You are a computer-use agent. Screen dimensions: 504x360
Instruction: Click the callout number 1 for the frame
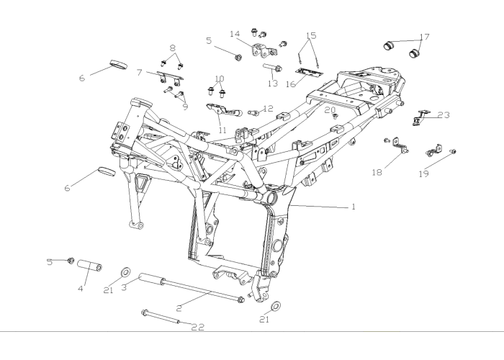[354, 207]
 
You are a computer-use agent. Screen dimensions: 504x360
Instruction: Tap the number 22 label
[198, 327]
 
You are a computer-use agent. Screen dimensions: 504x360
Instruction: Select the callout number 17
[425, 37]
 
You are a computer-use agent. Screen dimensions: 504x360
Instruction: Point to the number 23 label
[444, 114]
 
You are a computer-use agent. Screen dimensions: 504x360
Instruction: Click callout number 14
[235, 34]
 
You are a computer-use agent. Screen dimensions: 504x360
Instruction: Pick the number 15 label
[311, 35]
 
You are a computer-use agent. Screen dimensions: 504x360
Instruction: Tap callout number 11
[222, 130]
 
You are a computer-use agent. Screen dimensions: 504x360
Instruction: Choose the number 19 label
[424, 174]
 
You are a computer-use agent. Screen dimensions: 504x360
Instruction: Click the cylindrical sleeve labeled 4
[90, 266]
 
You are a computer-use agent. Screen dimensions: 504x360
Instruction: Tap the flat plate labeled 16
[309, 73]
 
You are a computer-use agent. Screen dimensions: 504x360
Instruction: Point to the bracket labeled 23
[421, 117]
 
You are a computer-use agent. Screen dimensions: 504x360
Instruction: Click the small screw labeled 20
[336, 115]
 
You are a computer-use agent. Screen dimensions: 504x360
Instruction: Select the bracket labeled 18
[400, 145]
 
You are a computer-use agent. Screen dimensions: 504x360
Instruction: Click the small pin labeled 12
[253, 112]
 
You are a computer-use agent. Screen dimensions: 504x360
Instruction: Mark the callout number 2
[179, 308]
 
